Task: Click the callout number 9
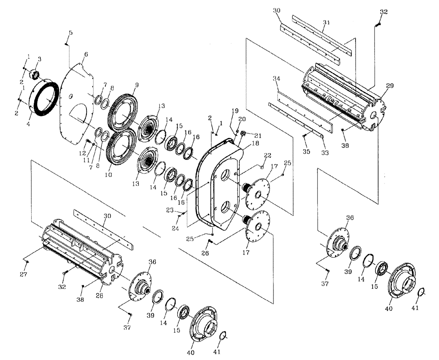point(137,84)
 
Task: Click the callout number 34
point(276,79)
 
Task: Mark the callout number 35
point(306,151)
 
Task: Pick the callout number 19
point(235,110)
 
